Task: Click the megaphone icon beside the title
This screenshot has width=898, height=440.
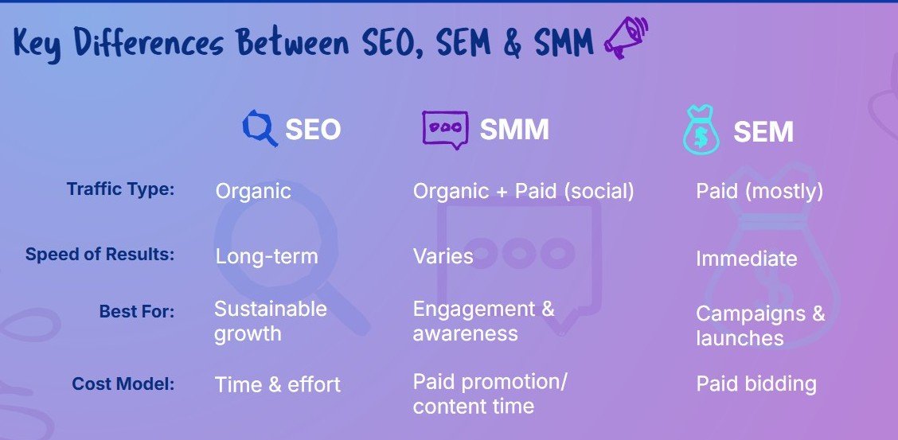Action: (626, 37)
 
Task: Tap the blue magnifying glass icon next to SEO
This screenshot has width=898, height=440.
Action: (260, 128)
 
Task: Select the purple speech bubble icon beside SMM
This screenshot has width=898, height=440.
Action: (445, 130)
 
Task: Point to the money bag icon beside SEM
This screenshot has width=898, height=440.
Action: (701, 130)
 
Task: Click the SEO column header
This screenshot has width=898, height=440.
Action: (313, 130)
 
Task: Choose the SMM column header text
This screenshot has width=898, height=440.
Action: (514, 130)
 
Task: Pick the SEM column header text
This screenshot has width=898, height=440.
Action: (763, 133)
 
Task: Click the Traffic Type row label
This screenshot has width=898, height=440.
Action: (120, 189)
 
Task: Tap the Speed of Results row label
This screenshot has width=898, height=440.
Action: (100, 254)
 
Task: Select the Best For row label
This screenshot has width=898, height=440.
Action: (137, 311)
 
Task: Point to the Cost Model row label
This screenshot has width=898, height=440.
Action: (123, 384)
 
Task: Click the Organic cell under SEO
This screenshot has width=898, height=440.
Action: (253, 191)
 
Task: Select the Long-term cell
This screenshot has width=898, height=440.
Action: (267, 255)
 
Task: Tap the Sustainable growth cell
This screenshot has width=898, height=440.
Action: (271, 321)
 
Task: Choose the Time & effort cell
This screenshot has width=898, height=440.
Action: (278, 384)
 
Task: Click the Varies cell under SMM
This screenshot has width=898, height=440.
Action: (443, 255)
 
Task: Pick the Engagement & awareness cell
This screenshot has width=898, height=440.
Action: (484, 321)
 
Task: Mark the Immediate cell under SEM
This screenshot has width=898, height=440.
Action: (746, 259)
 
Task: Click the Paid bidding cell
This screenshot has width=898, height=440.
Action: (756, 384)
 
